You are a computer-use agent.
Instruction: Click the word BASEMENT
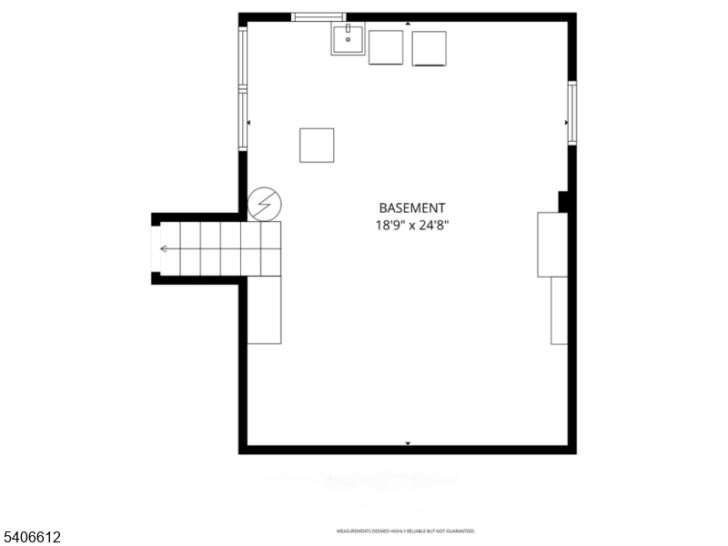click(412, 207)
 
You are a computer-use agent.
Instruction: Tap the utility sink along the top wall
click(348, 40)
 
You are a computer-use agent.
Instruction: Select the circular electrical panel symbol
click(265, 205)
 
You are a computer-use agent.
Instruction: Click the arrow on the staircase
click(165, 248)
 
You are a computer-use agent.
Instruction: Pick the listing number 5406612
click(32, 538)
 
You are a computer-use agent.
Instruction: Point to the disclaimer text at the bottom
click(406, 531)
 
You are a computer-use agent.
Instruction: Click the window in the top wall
click(318, 16)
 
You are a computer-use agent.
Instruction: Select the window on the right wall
click(572, 113)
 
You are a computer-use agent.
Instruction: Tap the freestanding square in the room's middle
click(317, 145)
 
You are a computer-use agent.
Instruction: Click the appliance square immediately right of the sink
click(385, 47)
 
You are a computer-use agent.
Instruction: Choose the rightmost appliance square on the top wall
click(429, 48)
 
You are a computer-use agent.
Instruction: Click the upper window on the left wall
click(243, 57)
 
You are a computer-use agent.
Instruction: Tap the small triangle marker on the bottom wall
click(408, 443)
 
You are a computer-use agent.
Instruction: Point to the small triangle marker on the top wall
click(408, 24)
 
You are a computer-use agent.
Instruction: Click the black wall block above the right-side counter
click(563, 201)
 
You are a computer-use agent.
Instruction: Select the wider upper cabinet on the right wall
click(552, 244)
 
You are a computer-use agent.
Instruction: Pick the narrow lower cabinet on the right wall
click(559, 310)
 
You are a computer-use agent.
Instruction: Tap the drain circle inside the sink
click(348, 41)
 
